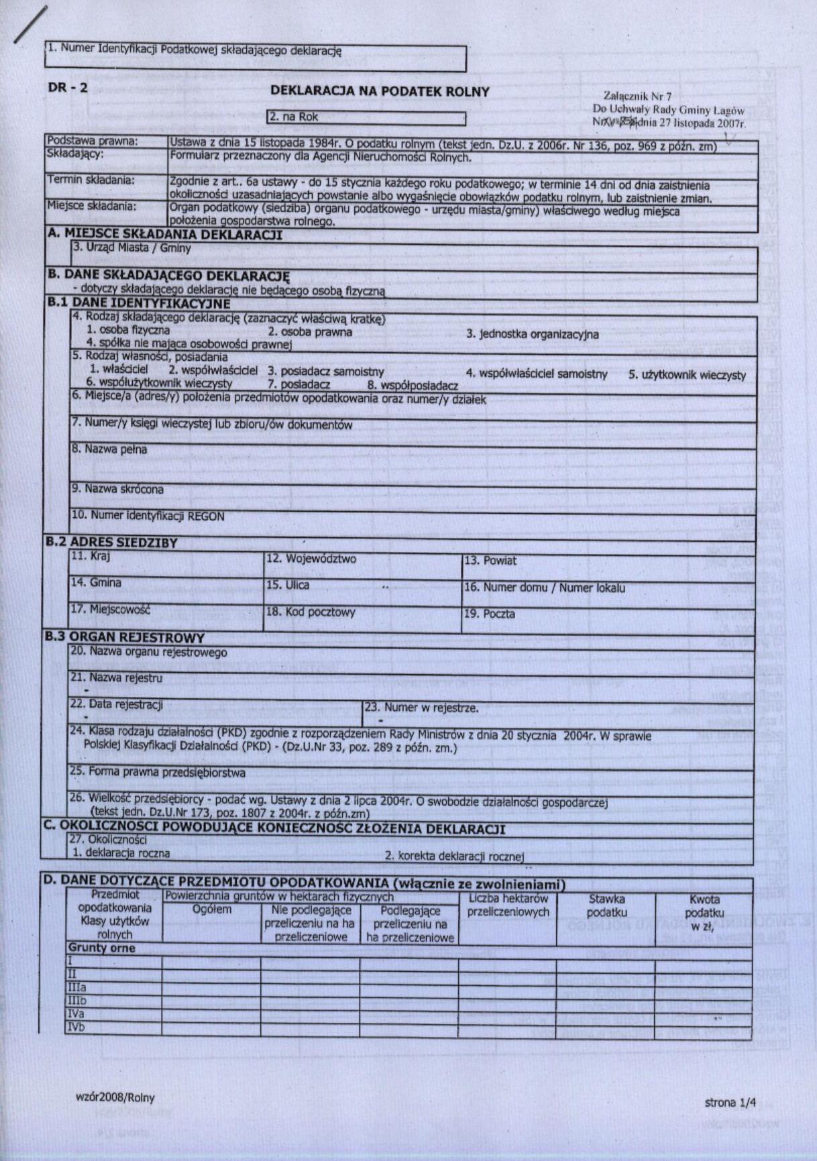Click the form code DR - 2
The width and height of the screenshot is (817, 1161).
tap(68, 87)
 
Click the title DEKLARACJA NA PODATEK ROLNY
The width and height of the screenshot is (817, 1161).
tap(380, 92)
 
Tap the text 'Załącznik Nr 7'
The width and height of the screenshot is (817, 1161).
tap(637, 97)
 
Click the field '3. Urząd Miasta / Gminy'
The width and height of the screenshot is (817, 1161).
tap(131, 248)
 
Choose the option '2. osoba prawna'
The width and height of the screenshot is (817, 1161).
tap(310, 331)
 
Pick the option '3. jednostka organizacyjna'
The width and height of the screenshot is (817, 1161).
tap(532, 334)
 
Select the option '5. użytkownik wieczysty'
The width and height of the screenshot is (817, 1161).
tap(687, 375)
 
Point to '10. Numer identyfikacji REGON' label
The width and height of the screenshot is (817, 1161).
tap(148, 516)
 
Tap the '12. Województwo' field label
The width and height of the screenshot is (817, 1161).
tap(311, 559)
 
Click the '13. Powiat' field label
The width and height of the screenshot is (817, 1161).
tap(490, 561)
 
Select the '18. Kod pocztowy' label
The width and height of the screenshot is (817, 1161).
tap(311, 612)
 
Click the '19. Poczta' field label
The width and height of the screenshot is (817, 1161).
tap(490, 614)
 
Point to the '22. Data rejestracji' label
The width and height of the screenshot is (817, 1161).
tap(117, 705)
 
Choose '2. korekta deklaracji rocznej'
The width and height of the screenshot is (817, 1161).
tap(453, 856)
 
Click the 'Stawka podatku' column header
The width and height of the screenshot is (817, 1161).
tap(606, 906)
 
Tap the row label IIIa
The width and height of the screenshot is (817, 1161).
tap(76, 988)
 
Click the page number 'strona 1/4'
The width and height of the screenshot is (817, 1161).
tap(730, 1103)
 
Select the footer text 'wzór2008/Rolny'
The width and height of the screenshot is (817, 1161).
tap(115, 1097)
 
